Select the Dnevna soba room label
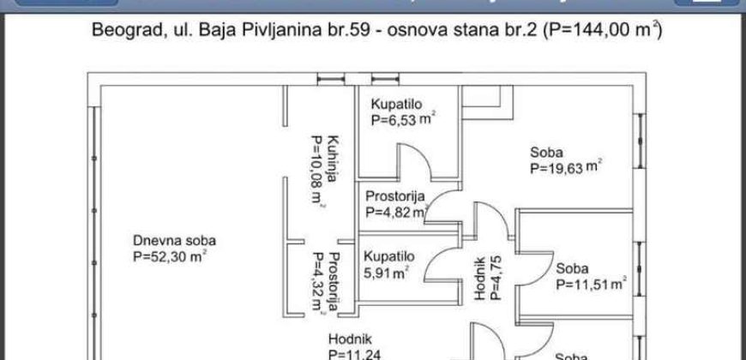[x=174, y=240]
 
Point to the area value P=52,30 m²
[x=169, y=255]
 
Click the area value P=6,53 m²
[x=403, y=121]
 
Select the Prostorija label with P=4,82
[x=395, y=195]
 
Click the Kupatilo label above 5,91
[x=389, y=256]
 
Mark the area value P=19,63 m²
[x=565, y=168]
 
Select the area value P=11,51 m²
[x=591, y=284]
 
